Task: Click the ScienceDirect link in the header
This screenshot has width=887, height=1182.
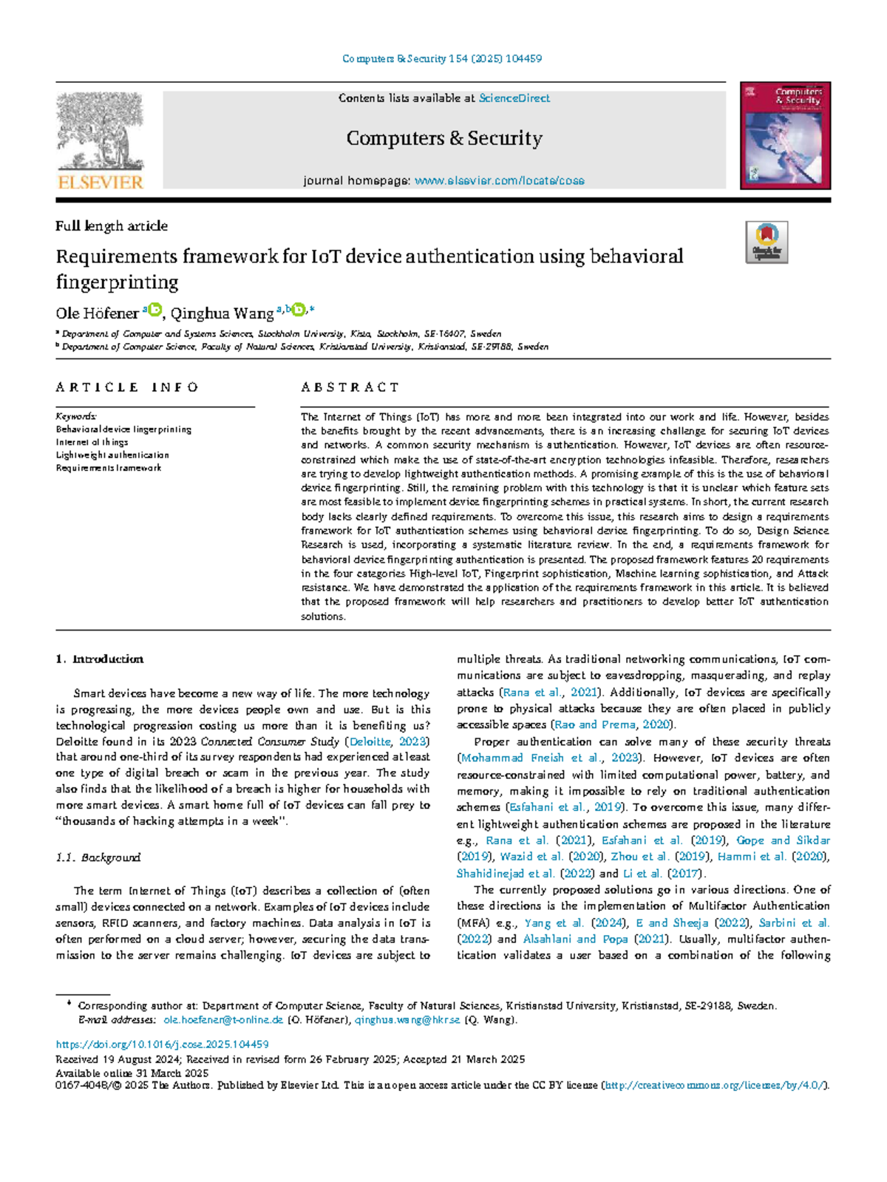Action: pos(514,98)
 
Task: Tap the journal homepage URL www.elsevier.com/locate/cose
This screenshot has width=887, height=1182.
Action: pos(499,180)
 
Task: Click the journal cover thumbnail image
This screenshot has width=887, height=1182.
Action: pos(785,135)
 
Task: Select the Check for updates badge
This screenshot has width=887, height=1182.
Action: pos(767,242)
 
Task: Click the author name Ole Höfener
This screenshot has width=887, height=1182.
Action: pos(97,313)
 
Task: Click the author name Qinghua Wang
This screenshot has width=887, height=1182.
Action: pos(222,313)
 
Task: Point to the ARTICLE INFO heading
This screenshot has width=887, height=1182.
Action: pos(127,387)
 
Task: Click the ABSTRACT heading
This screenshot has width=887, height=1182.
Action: pos(350,387)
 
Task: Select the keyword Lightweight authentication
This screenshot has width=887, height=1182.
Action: pos(112,455)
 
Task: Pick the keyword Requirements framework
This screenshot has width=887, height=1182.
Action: pos(109,468)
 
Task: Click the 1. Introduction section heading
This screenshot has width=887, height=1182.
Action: pos(100,659)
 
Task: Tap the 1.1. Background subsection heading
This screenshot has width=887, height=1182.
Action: pos(98,857)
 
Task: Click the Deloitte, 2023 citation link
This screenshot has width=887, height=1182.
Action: pos(387,741)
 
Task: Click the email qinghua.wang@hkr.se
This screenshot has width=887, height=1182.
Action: pos(407,1020)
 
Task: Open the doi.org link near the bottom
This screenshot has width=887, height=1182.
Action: pos(162,1045)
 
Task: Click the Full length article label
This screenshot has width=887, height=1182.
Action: pos(112,226)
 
